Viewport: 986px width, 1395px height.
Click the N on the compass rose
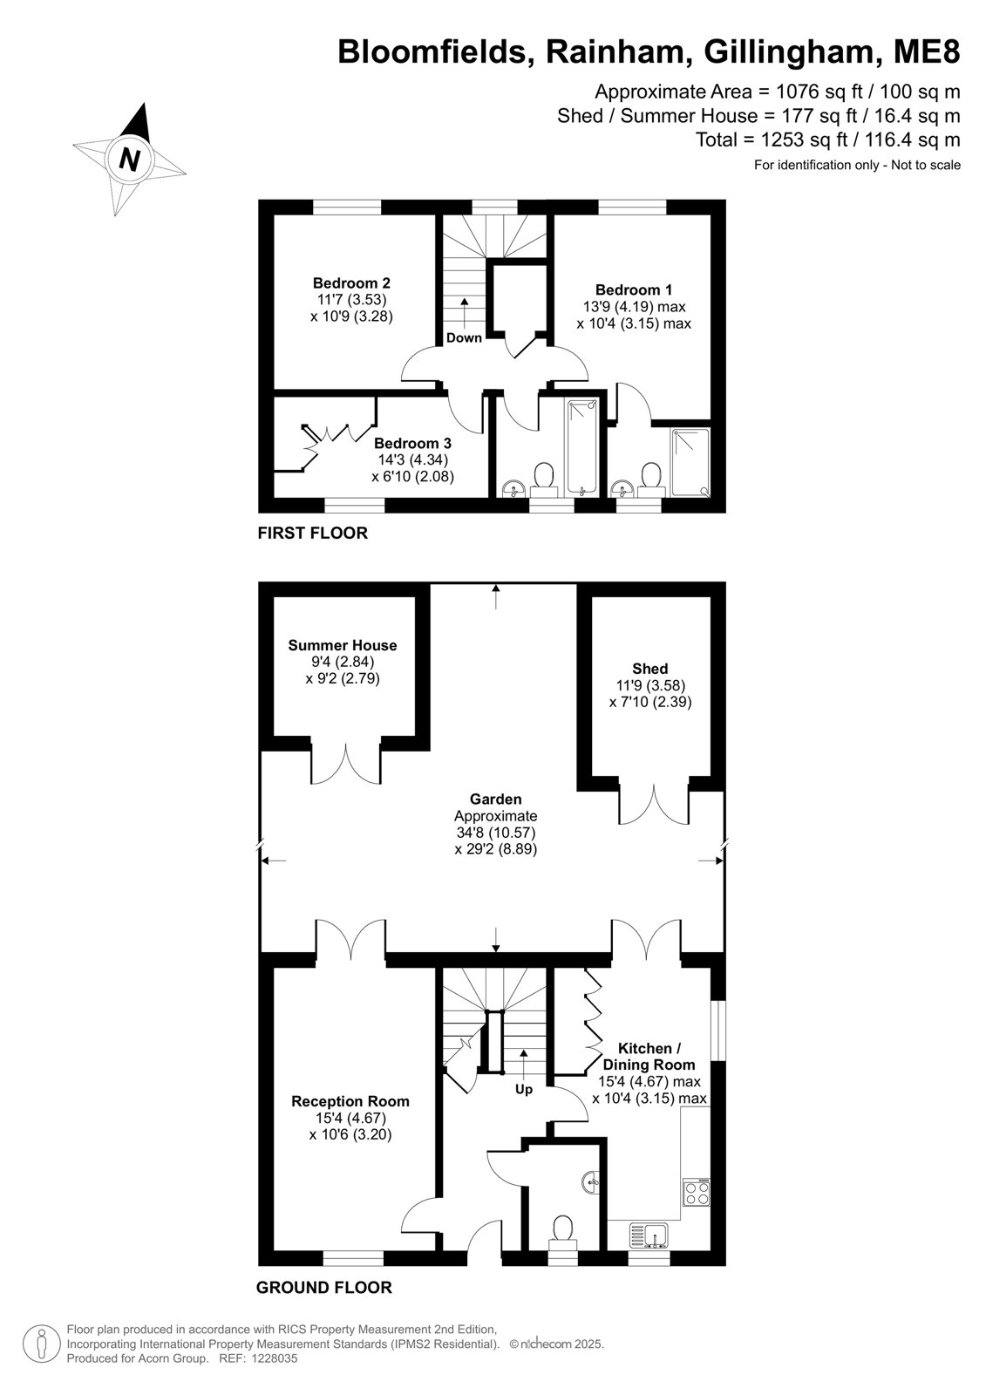(x=129, y=160)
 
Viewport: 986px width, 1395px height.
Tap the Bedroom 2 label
(x=351, y=282)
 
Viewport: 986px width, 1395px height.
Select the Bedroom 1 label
(x=634, y=289)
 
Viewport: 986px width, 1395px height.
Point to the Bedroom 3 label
(x=412, y=444)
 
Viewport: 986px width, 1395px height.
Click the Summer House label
(x=342, y=645)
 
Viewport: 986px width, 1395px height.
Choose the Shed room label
(x=649, y=668)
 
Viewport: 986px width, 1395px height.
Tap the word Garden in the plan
(x=495, y=799)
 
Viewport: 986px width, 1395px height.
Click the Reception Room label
(x=350, y=1101)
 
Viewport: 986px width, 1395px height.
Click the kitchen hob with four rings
(x=696, y=1191)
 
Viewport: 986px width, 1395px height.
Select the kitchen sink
(x=649, y=1235)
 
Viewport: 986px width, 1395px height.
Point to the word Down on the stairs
(x=464, y=337)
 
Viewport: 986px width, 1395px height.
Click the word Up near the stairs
(x=524, y=1089)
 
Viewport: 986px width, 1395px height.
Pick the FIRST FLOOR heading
(x=313, y=533)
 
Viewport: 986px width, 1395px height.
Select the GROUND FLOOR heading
(x=324, y=1288)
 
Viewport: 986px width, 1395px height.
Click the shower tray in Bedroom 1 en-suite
(x=690, y=462)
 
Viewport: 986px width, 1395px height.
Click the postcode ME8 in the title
(x=927, y=51)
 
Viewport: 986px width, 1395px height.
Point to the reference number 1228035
(x=273, y=1359)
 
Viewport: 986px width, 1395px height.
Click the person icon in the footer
(x=42, y=1345)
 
